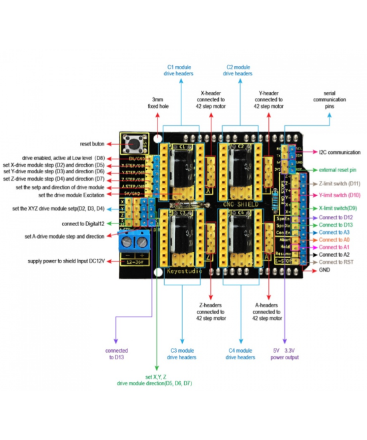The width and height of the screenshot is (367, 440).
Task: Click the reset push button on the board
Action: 132,143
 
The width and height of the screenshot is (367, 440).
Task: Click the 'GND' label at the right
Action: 324,271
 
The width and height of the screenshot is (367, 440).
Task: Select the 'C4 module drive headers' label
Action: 240,353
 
